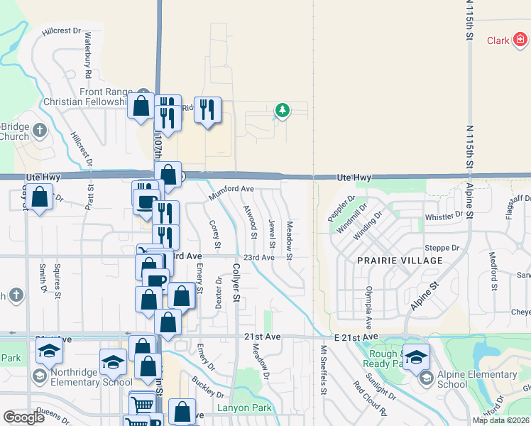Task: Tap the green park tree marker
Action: point(283,110)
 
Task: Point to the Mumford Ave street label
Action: point(231,190)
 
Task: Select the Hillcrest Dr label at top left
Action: point(62,32)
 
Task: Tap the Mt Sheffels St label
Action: point(323,369)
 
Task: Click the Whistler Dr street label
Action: point(442,217)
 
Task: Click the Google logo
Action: point(24,417)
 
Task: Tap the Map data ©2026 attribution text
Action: point(500,420)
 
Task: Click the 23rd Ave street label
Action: point(258,258)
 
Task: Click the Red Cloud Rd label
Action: point(369,399)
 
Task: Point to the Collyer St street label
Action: point(236,281)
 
